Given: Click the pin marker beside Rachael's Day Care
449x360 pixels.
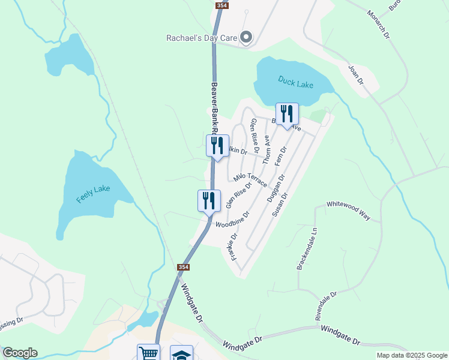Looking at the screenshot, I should click(246, 37).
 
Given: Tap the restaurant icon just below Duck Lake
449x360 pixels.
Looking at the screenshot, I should click(287, 114).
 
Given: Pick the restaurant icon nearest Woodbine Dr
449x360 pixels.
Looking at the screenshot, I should click(209, 201).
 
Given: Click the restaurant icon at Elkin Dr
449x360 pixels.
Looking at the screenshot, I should click(217, 146).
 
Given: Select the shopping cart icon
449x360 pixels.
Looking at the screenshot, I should click(148, 353).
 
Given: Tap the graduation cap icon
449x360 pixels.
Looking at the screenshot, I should click(181, 353).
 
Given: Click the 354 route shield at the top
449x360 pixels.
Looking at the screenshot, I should click(222, 5).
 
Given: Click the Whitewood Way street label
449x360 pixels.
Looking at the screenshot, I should click(348, 212).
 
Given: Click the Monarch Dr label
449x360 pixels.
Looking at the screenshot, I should click(379, 25).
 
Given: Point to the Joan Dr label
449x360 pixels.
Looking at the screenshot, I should click(357, 74).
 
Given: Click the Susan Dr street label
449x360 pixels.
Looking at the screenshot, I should click(280, 205).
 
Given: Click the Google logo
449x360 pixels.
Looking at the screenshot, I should click(20, 353).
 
